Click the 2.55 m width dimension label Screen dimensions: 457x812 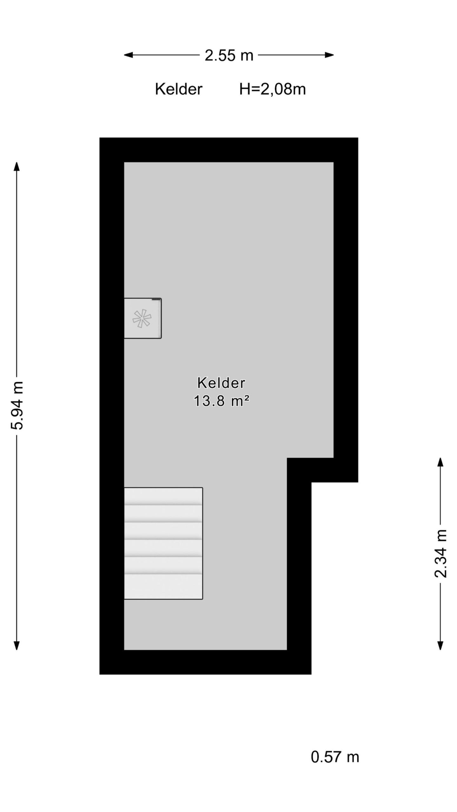tap(229, 55)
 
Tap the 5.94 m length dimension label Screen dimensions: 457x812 tap(17, 406)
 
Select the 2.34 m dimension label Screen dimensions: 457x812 tap(440, 554)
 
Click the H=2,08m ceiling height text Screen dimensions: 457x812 tap(272, 89)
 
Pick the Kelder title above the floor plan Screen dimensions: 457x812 tap(178, 89)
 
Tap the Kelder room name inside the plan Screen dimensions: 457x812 tap(221, 383)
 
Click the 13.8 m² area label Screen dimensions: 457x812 tap(221, 401)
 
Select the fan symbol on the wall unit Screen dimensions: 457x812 tap(142, 318)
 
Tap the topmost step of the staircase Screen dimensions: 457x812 tap(163, 496)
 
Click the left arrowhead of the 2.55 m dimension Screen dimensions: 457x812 tap(128, 55)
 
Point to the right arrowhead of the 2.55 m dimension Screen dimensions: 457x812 tap(329, 55)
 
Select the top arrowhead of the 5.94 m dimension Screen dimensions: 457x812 tap(17, 166)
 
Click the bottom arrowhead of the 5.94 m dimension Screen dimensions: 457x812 tap(17, 646)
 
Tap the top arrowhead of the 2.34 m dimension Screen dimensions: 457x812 tap(440, 462)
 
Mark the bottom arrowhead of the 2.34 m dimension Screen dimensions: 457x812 tap(440, 646)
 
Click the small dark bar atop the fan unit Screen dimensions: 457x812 tap(156, 299)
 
